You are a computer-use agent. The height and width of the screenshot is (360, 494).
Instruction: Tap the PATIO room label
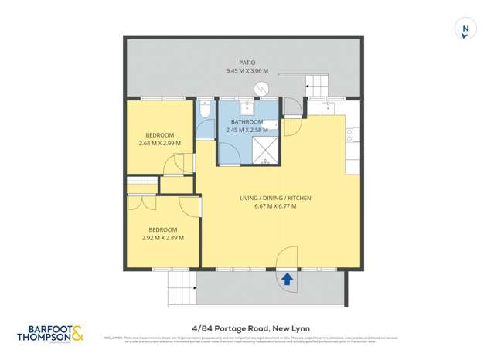point(247,63)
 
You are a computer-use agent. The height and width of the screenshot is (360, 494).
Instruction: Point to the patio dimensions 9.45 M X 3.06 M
point(247,71)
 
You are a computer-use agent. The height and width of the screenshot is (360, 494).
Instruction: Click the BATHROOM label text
point(247,122)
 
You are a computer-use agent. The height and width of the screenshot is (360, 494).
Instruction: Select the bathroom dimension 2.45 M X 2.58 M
point(247,130)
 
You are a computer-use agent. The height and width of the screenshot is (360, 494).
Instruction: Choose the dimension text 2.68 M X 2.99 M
point(159,143)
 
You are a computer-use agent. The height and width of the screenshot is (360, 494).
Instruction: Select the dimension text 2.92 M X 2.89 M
point(163,238)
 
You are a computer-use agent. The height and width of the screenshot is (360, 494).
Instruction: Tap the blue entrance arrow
point(287,279)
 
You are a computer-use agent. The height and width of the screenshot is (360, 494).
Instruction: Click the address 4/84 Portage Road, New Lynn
point(247,327)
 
